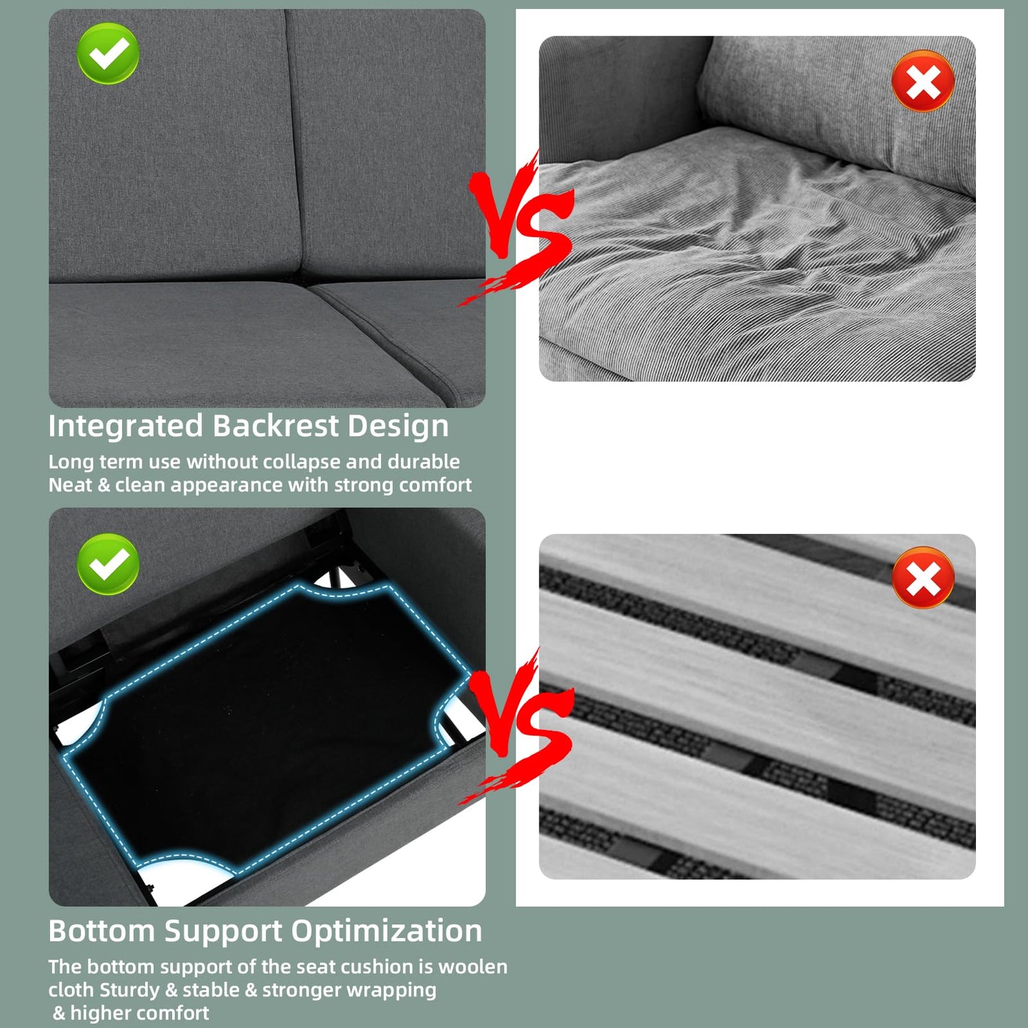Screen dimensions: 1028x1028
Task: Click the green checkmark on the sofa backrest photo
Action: click(x=108, y=53)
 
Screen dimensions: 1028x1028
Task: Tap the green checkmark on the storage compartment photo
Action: click(x=108, y=564)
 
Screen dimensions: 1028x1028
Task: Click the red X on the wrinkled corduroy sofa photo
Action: click(x=923, y=81)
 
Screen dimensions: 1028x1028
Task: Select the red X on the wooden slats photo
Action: click(x=923, y=577)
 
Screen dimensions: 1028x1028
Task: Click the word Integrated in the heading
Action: click(x=126, y=427)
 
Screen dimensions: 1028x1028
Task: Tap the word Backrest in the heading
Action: click(x=276, y=426)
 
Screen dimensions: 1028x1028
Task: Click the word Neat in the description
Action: click(x=70, y=485)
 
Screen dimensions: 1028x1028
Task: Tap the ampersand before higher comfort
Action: click(x=60, y=1013)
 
